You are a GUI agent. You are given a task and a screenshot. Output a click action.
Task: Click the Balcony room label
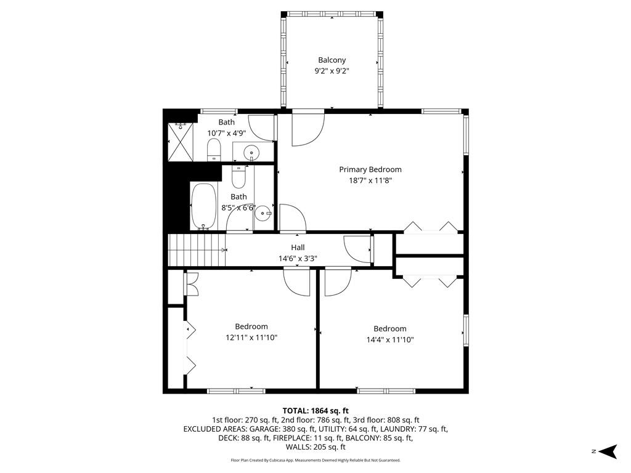[x=332, y=60]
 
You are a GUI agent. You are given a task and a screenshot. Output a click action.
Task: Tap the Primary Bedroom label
[x=370, y=169]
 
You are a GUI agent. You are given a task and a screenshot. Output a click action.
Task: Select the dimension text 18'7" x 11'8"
[x=370, y=180]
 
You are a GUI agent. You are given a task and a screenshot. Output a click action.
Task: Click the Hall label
[x=298, y=248]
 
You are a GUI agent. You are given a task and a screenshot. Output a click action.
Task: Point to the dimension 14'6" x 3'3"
[x=298, y=259]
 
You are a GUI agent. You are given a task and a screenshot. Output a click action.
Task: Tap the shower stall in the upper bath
[x=181, y=142]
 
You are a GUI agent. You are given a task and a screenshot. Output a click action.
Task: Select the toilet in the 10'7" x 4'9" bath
[x=214, y=150]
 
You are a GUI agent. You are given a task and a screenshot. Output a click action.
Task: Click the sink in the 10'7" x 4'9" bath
[x=251, y=152]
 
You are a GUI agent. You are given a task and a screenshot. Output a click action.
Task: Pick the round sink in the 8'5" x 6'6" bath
[x=264, y=214]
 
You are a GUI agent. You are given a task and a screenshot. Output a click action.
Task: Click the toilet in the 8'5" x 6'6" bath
[x=238, y=177]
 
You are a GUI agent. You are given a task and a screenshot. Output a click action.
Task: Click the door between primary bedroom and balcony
[x=307, y=127]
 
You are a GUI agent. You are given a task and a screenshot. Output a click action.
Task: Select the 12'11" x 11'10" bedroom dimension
[x=251, y=338]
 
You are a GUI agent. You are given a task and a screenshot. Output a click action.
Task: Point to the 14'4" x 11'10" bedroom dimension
[x=389, y=339]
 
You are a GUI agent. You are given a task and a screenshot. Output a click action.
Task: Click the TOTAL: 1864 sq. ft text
[x=315, y=410]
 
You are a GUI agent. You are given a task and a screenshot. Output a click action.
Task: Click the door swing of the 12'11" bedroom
[x=297, y=283]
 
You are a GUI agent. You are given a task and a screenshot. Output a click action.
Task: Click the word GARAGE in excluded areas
[x=255, y=429]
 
